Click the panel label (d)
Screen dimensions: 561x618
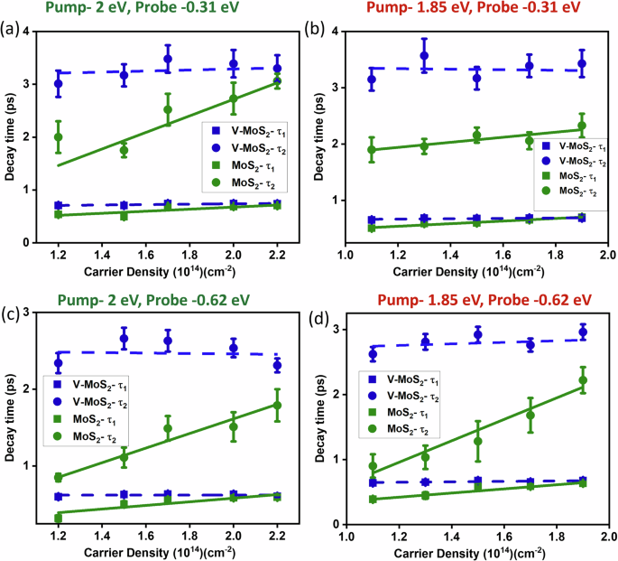(327, 315)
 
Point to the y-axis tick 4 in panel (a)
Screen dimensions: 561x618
(25, 33)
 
